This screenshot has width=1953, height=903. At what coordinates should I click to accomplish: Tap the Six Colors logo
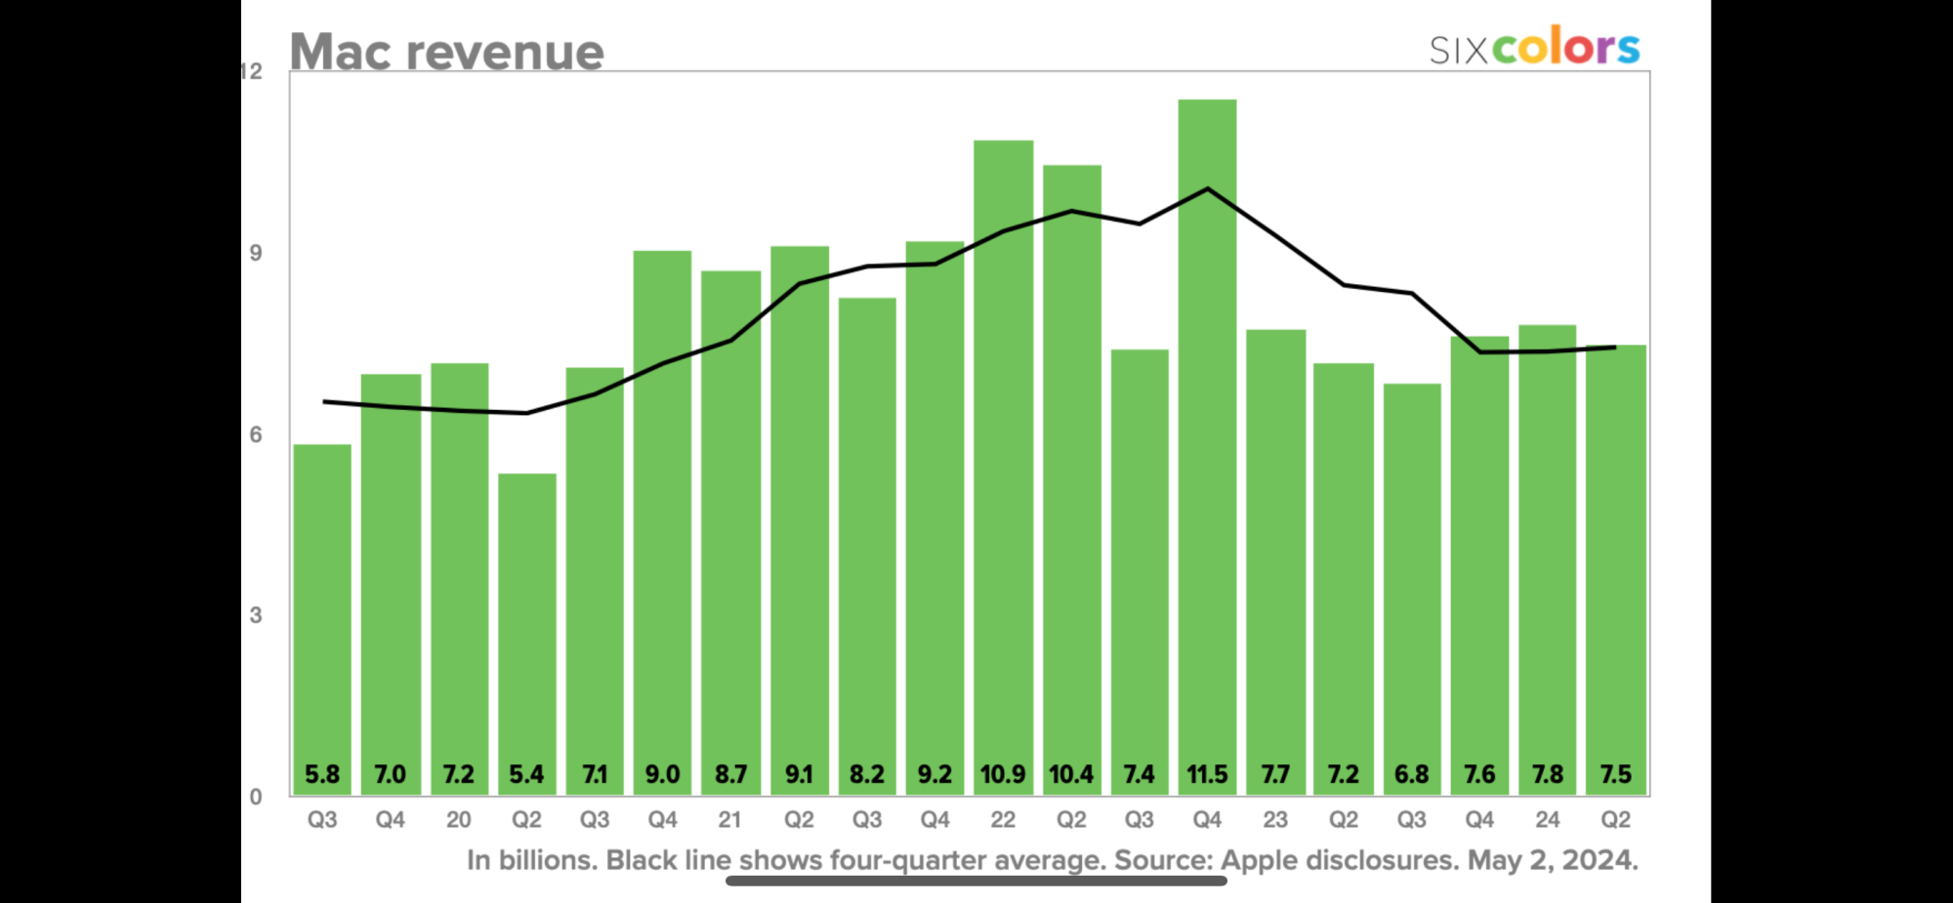tap(1534, 47)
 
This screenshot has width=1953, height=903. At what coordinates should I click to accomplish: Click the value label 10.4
tap(1071, 775)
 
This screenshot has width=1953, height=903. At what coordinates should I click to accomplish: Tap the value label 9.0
tap(662, 775)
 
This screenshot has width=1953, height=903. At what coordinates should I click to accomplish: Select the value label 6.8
tap(1411, 775)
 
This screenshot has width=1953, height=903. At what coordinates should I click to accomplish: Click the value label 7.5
tap(1615, 775)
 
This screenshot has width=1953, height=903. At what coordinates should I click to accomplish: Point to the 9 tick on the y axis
tap(256, 254)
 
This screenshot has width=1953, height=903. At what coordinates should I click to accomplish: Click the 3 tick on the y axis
tap(256, 616)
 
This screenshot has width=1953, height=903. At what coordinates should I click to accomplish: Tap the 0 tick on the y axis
tap(256, 797)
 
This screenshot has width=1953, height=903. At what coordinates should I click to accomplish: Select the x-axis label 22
tap(1003, 820)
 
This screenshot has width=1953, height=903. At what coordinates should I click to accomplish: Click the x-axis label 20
tap(458, 820)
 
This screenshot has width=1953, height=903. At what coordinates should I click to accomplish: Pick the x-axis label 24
tap(1547, 820)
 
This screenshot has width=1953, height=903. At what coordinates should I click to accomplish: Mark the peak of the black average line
tap(1208, 188)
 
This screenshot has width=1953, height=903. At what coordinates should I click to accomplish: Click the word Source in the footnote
tap(1162, 860)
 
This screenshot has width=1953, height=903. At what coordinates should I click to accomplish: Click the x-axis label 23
tap(1275, 820)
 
